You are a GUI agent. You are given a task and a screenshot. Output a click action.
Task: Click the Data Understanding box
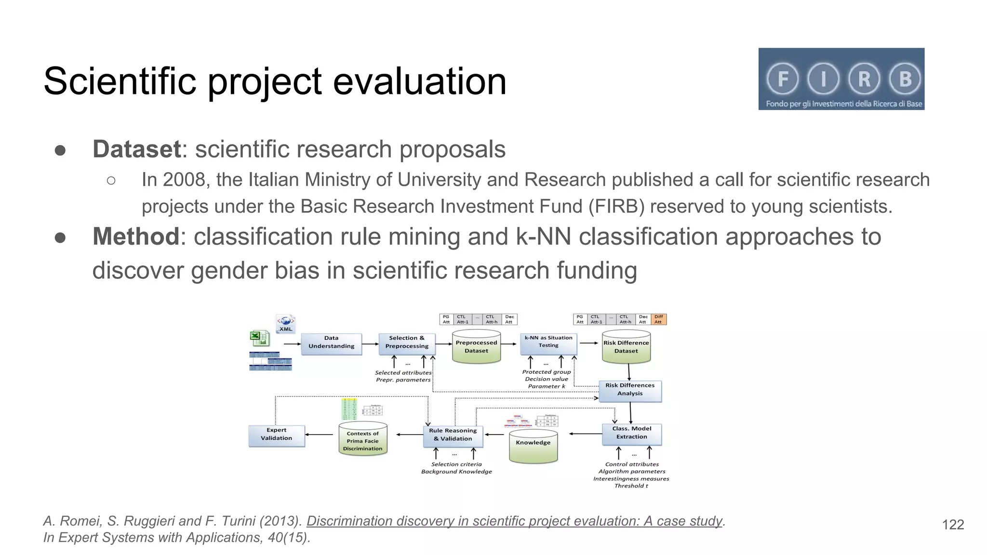coord(331,344)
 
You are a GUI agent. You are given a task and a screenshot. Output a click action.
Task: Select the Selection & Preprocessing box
coord(407,344)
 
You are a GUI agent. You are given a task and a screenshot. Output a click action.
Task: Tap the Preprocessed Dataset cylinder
coord(476,347)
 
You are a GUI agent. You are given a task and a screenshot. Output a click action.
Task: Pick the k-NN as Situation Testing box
coord(548,344)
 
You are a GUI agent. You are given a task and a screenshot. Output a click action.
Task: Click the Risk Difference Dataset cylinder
coord(626,347)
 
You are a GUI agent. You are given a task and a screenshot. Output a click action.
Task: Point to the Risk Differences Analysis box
coord(630,391)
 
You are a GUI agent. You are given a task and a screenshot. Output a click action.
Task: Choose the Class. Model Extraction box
coord(631,434)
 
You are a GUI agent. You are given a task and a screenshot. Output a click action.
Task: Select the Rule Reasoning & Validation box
coord(453,436)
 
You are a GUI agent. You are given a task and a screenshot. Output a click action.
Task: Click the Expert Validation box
coord(277,436)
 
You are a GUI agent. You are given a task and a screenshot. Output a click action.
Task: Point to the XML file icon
coord(286,323)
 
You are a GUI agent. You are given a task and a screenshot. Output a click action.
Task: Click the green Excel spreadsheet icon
coord(259,338)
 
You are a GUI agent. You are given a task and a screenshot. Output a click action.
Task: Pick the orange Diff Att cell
coord(658,319)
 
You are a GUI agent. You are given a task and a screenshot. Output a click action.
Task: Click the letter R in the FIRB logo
coord(864,79)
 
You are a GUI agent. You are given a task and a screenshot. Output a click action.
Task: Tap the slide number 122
coord(953,525)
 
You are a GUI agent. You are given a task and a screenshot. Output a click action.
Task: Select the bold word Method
coord(136,237)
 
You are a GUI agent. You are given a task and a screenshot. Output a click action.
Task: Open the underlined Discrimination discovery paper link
coord(514,521)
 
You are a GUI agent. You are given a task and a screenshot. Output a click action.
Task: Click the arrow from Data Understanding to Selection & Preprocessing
coord(370,344)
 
